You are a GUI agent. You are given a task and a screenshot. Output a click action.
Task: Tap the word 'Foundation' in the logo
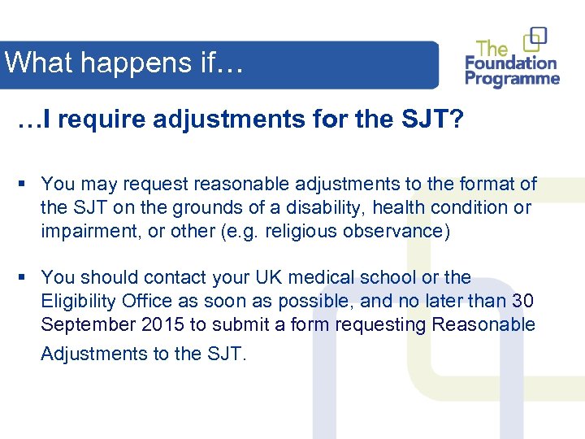512,63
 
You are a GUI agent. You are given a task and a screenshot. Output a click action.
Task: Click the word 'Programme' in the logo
513,79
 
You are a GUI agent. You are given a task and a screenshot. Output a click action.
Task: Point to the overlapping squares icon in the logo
535,38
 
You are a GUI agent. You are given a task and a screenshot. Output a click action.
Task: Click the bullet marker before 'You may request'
27,185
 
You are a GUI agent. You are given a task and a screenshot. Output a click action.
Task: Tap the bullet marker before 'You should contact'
27,278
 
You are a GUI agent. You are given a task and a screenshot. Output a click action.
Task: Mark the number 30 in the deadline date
523,301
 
